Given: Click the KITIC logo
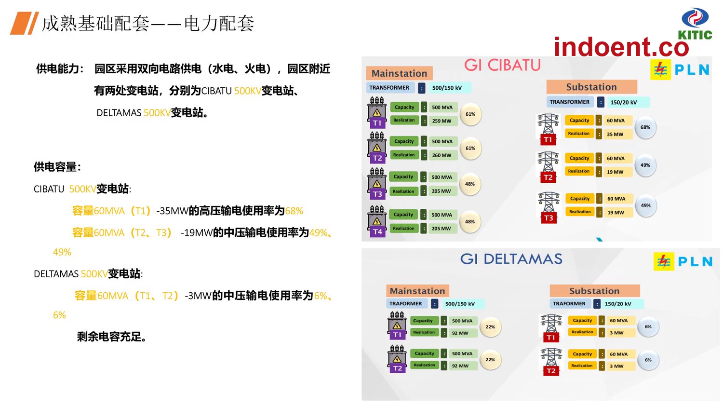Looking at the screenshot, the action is pyautogui.click(x=695, y=24).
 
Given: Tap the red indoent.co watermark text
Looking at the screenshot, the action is pyautogui.click(x=622, y=47).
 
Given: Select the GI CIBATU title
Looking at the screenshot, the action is pyautogui.click(x=502, y=65).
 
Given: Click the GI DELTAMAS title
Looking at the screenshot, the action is pyautogui.click(x=511, y=259).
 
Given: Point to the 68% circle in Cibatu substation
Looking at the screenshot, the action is pyautogui.click(x=645, y=127).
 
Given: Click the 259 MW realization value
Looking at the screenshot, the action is pyautogui.click(x=442, y=121).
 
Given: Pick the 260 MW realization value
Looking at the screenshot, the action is pyautogui.click(x=442, y=155).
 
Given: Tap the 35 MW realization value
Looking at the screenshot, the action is pyautogui.click(x=615, y=134).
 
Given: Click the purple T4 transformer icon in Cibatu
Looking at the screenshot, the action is pyautogui.click(x=377, y=222).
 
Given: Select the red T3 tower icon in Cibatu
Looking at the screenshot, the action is pyautogui.click(x=549, y=207).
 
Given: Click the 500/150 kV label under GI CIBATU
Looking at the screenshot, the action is pyautogui.click(x=447, y=88).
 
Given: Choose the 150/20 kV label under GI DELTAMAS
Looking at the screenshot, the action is pyautogui.click(x=618, y=304).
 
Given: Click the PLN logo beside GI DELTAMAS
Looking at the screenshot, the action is pyautogui.click(x=683, y=261).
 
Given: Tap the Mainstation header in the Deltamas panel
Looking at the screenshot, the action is pyautogui.click(x=417, y=291).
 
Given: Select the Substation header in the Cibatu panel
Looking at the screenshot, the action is pyautogui.click(x=591, y=87).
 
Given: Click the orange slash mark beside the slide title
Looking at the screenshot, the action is pyautogui.click(x=25, y=23).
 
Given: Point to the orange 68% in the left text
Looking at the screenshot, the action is pyautogui.click(x=294, y=211).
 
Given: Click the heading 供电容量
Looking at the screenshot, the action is pyautogui.click(x=57, y=167).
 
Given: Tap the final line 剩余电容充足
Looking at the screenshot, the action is pyautogui.click(x=112, y=337).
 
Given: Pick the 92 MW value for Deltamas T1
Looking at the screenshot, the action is pyautogui.click(x=460, y=333).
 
